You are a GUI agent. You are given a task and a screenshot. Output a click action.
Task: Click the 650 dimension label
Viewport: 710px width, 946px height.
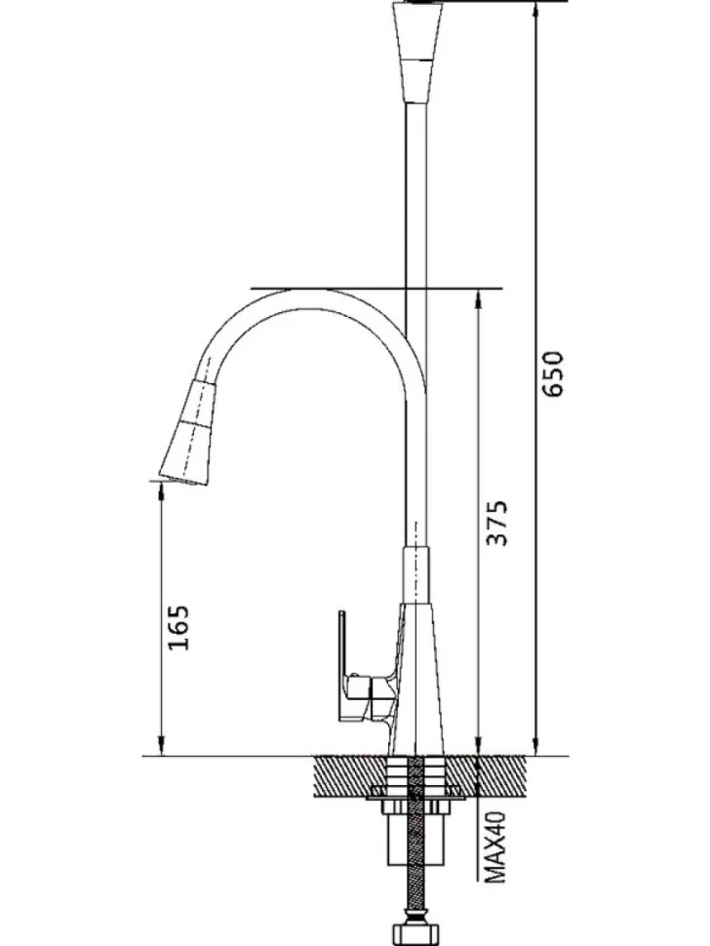coord(552,374)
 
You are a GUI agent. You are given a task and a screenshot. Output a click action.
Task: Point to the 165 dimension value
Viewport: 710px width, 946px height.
coord(178,627)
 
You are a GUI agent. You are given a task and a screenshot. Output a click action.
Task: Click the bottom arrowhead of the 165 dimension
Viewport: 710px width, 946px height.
coord(161,746)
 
